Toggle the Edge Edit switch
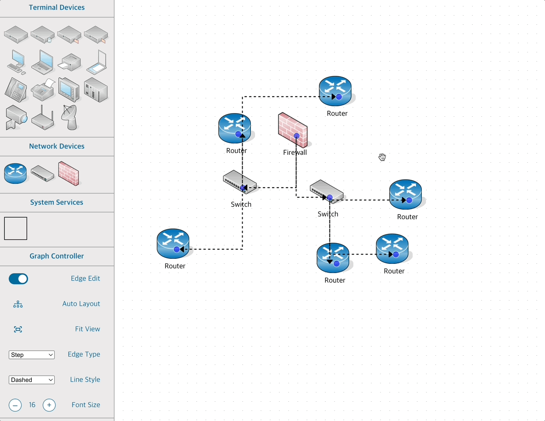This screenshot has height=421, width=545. tap(18, 279)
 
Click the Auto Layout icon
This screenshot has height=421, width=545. tap(18, 304)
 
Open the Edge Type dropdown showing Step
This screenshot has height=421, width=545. tap(32, 355)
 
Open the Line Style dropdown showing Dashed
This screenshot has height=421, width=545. tap(32, 380)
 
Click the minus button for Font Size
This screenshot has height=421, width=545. tap(15, 405)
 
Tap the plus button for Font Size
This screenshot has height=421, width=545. tap(49, 405)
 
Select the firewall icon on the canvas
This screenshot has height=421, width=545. tap(292, 130)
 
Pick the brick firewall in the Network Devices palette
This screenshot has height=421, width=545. tap(68, 173)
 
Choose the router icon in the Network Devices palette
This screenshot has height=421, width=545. tap(16, 174)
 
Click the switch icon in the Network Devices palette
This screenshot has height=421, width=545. tap(43, 174)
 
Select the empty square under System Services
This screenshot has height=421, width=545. tap(16, 228)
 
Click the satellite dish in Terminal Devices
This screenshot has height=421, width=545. tap(70, 117)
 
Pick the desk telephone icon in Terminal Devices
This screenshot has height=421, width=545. tap(16, 89)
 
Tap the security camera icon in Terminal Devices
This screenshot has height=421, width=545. tap(16, 117)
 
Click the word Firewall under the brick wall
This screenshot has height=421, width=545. tap(295, 153)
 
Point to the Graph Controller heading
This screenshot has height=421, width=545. tap(57, 256)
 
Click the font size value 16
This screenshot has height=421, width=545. tap(32, 405)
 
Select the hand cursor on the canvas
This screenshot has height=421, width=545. tap(382, 157)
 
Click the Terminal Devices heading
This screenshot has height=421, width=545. tap(57, 7)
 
